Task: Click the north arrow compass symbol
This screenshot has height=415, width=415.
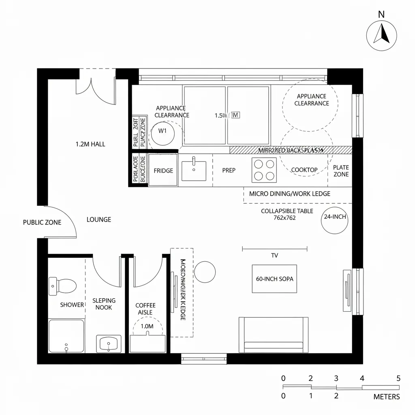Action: point(381,35)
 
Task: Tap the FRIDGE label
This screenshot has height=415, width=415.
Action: point(163,171)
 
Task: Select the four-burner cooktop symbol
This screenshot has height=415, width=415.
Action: point(264,170)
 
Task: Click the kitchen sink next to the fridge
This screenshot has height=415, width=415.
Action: point(194,171)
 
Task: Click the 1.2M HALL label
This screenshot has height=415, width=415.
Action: point(90,144)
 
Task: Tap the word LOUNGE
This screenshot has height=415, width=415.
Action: point(99,220)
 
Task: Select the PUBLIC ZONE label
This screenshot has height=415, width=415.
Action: point(42,222)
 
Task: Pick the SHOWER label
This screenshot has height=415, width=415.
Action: point(72,305)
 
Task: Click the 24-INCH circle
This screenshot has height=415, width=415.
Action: point(335,220)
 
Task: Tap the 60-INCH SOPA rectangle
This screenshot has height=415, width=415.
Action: point(274,279)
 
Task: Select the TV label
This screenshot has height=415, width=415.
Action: point(274,256)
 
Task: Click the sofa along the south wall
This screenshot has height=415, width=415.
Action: point(274,335)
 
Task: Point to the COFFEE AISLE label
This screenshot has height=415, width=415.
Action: point(145,309)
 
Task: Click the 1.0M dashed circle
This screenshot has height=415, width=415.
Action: point(147,326)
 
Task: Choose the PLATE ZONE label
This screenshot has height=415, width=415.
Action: point(340,171)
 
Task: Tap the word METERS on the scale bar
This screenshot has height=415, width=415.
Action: point(386,397)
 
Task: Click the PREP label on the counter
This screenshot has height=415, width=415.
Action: point(229,171)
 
